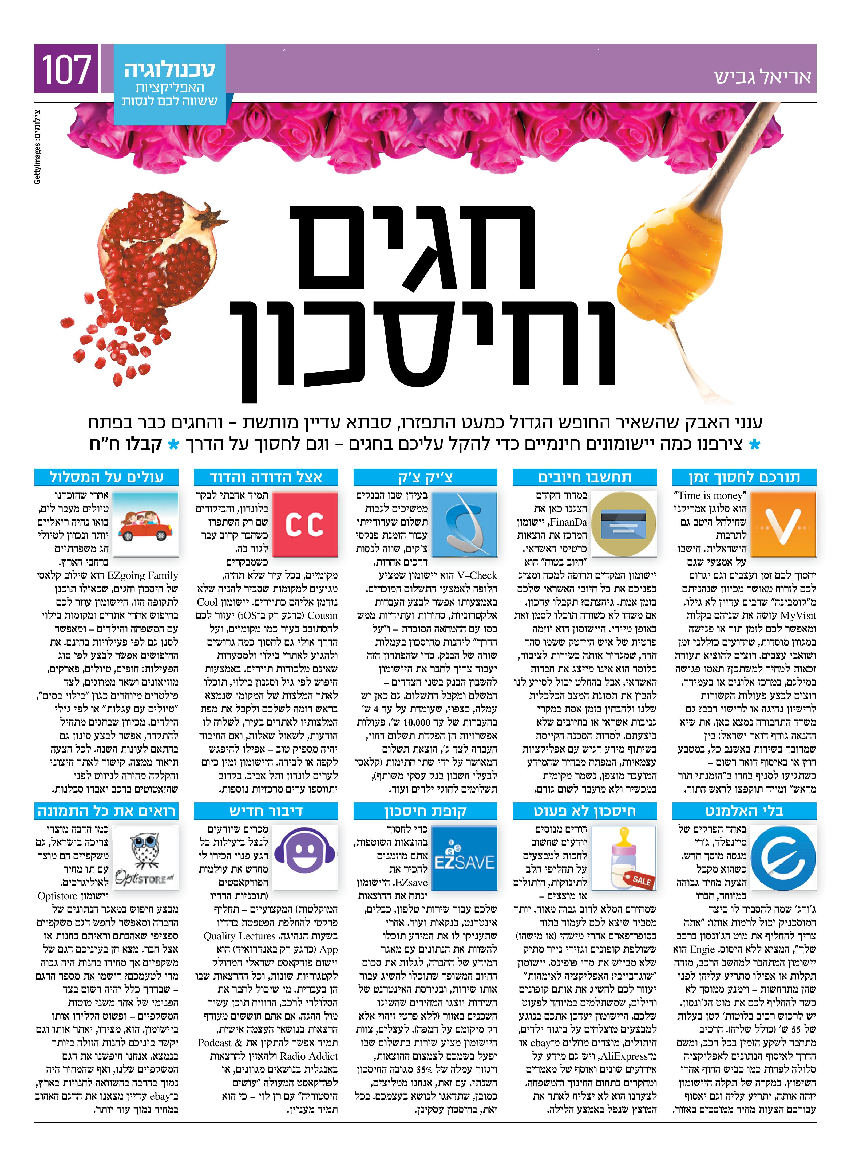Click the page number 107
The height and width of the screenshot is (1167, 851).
pyautogui.click(x=66, y=70)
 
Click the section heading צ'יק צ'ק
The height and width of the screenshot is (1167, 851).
pyautogui.click(x=425, y=477)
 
